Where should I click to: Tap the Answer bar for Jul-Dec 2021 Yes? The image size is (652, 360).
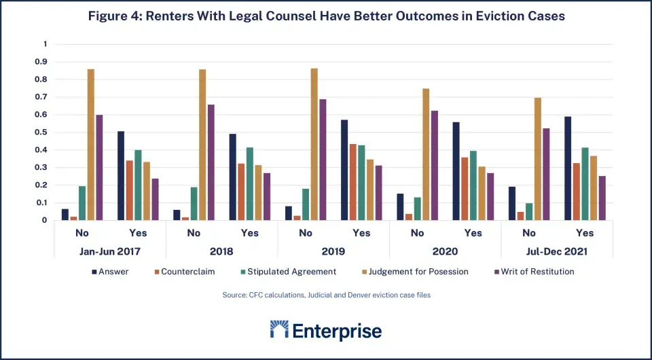click(x=566, y=168)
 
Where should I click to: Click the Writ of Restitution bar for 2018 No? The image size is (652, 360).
click(x=211, y=162)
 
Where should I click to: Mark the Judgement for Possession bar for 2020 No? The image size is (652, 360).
click(x=426, y=154)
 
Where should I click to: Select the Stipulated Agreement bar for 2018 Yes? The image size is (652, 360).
click(x=249, y=183)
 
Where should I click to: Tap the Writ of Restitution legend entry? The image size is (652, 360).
click(x=534, y=272)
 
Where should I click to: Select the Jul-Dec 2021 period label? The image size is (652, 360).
click(x=557, y=251)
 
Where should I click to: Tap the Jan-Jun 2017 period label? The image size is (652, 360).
click(x=110, y=251)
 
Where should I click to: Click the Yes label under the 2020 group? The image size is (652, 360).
click(x=473, y=233)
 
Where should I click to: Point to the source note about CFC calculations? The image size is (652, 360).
click(x=326, y=295)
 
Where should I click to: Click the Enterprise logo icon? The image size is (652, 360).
click(x=279, y=330)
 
